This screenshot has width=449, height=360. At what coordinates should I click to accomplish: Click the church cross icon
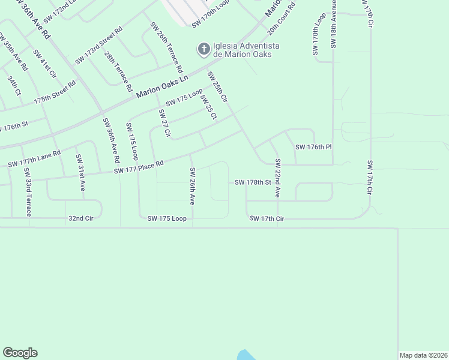click(x=203, y=48)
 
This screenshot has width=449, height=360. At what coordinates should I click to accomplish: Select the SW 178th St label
click(x=253, y=182)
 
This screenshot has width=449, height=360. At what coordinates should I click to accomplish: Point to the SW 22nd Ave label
click(x=278, y=178)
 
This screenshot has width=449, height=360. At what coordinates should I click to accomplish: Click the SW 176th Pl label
click(x=313, y=147)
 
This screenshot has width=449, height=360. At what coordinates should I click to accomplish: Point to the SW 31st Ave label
click(x=80, y=173)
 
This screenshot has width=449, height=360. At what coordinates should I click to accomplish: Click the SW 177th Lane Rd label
click(x=34, y=158)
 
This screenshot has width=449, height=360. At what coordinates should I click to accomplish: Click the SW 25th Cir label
click(x=217, y=86)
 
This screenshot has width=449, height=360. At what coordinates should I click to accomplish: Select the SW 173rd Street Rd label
click(x=98, y=46)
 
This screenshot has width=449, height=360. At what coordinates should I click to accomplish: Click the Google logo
click(x=20, y=353)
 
